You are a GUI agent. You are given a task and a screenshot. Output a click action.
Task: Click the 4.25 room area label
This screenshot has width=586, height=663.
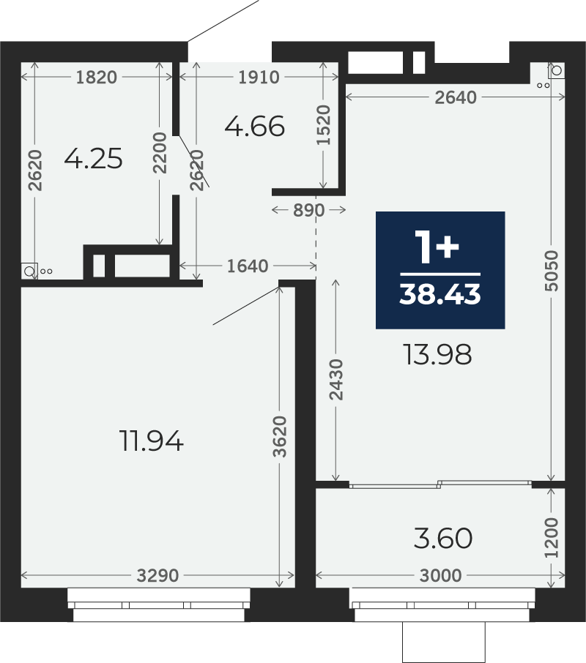click(x=94, y=159)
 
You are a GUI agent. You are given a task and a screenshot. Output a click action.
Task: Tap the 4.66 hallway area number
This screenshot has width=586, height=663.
click(x=255, y=127)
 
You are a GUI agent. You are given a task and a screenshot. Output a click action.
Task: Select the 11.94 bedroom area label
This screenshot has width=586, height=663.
click(x=152, y=441)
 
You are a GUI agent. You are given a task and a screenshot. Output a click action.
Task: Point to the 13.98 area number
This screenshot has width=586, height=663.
click(x=437, y=354)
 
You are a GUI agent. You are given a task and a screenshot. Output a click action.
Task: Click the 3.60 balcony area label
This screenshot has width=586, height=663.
click(x=443, y=539)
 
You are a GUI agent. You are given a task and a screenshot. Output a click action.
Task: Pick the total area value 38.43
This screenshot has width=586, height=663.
click(x=440, y=294)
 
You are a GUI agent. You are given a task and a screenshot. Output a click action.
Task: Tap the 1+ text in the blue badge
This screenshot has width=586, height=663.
click(x=437, y=247)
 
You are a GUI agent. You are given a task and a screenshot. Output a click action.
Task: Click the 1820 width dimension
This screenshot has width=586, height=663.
click(x=97, y=78)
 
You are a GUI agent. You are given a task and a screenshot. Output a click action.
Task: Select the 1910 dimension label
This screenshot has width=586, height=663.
click(x=259, y=78)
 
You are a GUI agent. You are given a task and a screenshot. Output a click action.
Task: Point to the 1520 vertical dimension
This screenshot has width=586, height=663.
click(x=323, y=125)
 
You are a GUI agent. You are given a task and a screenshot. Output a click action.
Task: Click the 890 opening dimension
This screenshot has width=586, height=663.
click(x=309, y=210)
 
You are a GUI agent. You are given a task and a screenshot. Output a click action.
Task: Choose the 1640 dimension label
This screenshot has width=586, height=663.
click(x=248, y=266)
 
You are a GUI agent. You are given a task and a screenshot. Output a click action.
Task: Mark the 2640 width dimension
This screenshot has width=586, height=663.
click(x=456, y=97)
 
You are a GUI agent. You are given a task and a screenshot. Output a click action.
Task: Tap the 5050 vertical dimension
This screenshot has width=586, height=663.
click(x=552, y=271)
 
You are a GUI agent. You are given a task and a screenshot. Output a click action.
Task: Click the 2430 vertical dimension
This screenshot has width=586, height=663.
click(x=336, y=379)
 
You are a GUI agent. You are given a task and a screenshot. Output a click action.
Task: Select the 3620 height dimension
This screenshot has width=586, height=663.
click(x=280, y=437)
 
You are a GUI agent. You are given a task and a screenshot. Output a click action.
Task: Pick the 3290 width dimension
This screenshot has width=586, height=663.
click(x=157, y=575)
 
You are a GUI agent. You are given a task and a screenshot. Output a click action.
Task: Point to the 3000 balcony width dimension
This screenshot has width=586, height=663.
click(x=440, y=575)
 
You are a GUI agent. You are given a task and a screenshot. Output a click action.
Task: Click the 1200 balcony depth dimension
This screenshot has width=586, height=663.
click(x=552, y=537)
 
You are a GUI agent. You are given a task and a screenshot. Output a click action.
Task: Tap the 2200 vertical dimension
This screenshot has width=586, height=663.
click(x=160, y=153)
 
